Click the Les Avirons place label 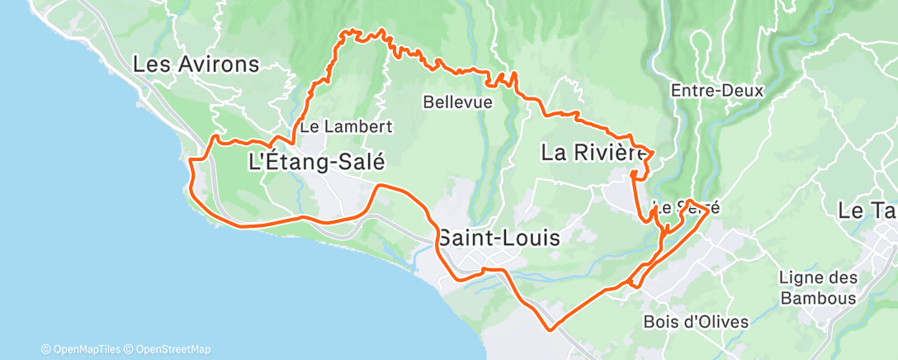point(196,64)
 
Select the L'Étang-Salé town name point(317,162)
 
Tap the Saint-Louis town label point(498,239)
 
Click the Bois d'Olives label point(683,321)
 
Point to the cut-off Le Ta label point(867,211)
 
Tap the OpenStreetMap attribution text point(173,349)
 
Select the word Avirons point(219,64)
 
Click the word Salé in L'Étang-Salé point(358,162)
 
